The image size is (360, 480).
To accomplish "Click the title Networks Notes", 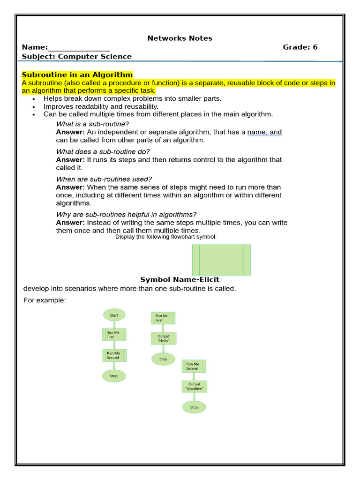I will (180, 38).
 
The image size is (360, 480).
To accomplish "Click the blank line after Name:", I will (79, 48).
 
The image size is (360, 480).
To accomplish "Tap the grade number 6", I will (315, 47).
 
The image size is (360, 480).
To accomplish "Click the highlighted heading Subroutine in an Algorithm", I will (77, 75).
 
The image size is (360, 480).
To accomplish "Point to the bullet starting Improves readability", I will (101, 106).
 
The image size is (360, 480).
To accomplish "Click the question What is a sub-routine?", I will (92, 124).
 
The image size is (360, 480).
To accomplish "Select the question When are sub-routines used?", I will (104, 179).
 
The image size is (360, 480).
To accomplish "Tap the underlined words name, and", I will (264, 133).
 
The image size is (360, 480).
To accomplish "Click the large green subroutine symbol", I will (221, 260).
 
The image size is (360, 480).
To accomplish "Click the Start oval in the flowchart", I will (114, 315).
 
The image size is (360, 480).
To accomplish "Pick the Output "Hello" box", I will (163, 339).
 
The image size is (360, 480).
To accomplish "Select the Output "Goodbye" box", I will (194, 387).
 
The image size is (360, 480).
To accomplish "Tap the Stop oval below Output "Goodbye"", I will (194, 407).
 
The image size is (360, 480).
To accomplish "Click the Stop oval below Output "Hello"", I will (163, 360).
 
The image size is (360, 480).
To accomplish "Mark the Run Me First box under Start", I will (114, 334).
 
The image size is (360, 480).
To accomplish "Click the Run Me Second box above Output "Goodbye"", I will (194, 366).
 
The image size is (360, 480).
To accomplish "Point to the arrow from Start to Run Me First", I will (114, 324).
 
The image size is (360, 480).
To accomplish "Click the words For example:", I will (45, 300).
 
